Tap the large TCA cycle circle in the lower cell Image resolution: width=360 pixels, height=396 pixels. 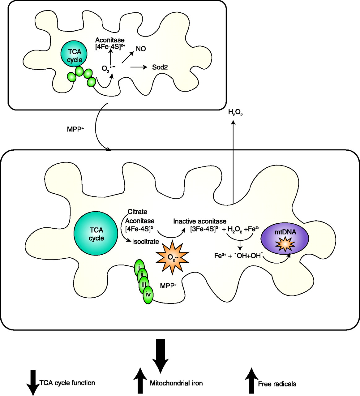96,234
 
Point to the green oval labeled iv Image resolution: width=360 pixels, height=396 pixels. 148,295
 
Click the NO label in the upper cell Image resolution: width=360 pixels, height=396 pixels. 141,49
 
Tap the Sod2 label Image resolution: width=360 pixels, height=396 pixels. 160,67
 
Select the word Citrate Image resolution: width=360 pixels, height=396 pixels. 138,212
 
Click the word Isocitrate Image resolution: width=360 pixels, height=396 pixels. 145,242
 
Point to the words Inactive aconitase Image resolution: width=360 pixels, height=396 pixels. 200,222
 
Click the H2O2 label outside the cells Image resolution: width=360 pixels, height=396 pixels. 235,113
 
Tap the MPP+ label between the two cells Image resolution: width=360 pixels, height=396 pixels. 75,129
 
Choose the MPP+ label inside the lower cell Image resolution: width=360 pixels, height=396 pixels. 169,286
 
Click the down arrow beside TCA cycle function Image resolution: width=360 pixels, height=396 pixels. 33,383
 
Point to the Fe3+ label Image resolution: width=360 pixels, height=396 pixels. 221,256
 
